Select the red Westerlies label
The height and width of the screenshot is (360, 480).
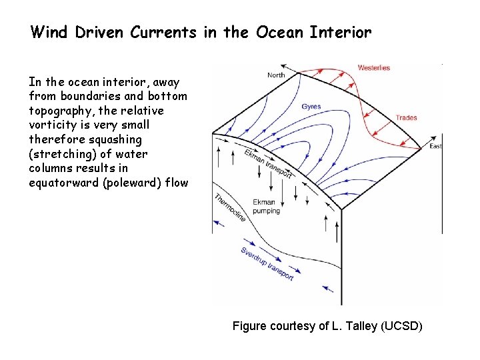pos(373,68)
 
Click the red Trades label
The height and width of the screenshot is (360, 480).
pos(406,118)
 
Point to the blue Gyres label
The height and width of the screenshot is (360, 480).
pos(311,107)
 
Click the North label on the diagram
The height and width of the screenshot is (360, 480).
pos(276,75)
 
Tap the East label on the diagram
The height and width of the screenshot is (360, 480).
pos(435,146)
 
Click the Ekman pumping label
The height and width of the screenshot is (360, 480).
pos(267,206)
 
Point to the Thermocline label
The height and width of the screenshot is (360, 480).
pos(231,207)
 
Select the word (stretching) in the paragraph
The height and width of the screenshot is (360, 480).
pos(62,154)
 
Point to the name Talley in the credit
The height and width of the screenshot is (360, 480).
pos(357,326)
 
